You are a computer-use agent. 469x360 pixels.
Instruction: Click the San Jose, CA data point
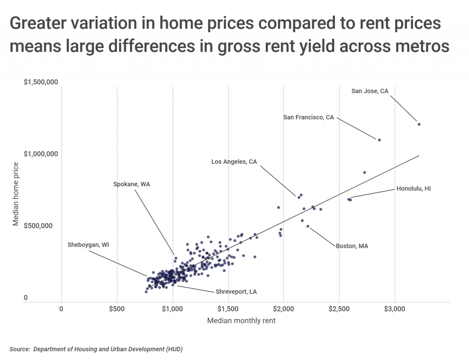[x=419, y=124]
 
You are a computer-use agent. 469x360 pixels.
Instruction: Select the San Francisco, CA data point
[x=379, y=140]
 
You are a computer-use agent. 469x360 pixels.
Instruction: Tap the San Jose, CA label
[x=370, y=91]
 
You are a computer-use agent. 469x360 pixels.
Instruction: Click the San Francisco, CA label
[x=309, y=117]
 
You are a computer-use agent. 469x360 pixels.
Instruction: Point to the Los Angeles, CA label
[x=234, y=162]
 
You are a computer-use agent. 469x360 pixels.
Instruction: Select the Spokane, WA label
[x=132, y=184]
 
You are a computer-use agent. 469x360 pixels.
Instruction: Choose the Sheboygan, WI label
[x=88, y=245]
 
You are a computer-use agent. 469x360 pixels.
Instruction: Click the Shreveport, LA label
[x=236, y=291]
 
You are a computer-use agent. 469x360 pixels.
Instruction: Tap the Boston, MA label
[x=352, y=246]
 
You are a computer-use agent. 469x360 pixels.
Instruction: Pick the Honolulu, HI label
[x=414, y=188]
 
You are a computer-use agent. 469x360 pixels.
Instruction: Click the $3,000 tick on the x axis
[x=394, y=309]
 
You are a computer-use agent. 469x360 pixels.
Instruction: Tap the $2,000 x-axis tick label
[x=284, y=309]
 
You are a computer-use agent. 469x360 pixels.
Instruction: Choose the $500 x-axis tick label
[x=117, y=309]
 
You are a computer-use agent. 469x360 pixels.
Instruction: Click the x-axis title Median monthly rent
[x=241, y=321]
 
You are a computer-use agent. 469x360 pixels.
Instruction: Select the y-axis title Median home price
[x=16, y=194]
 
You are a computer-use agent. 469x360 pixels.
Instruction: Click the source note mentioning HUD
[x=96, y=349]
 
